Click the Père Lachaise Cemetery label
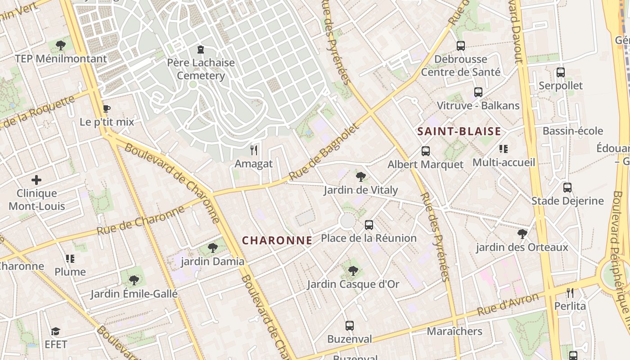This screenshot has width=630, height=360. point(201,69)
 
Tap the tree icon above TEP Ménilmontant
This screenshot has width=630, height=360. point(61,45)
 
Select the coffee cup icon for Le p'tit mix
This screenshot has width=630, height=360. point(106,108)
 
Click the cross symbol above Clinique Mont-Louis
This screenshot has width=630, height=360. point(36,180)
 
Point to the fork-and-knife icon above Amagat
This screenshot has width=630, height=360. point(254,150)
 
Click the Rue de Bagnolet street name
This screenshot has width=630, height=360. point(324,152)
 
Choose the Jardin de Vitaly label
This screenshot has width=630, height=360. point(360,190)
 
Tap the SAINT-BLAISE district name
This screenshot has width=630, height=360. point(459,131)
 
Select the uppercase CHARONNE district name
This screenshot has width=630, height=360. point(277,240)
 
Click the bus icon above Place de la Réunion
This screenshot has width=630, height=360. point(369,225)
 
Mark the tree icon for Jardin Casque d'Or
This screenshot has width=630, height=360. point(353,270)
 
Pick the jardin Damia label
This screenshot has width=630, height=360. point(212,261)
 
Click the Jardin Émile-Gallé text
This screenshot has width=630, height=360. point(134,294)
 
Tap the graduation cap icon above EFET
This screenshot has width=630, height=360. point(55,331)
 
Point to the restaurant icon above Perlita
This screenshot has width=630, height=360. point(570,293)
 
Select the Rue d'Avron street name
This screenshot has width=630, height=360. point(508,304)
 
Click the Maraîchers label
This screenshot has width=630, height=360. point(454,332)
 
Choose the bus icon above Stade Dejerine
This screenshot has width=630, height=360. point(567,187)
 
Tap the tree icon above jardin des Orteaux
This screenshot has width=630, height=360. point(522,234)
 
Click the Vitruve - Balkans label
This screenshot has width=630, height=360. point(478,106)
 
